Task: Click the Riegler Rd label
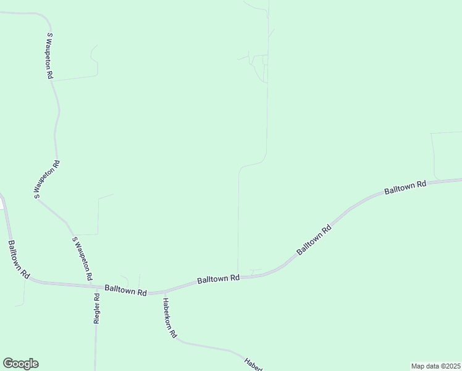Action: point(97,306)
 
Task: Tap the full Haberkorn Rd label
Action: point(170,318)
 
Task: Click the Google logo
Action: point(20,364)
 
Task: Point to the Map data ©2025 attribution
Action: point(435,365)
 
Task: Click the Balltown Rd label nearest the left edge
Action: point(18,259)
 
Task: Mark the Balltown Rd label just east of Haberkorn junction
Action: point(218,279)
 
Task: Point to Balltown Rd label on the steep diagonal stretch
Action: point(314,240)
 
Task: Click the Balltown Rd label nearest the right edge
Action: point(405,188)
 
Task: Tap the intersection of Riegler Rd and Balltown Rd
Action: point(97,287)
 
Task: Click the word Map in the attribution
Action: point(418,365)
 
